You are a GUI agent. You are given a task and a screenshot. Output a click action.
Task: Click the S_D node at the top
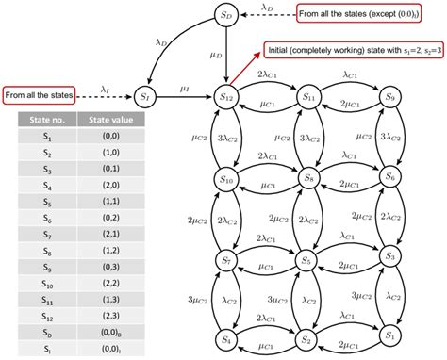(x=225, y=16)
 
